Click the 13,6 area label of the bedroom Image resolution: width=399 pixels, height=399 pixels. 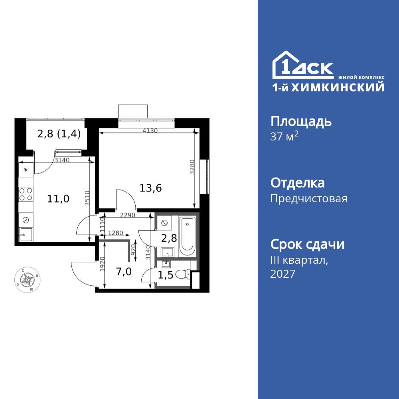click(151, 188)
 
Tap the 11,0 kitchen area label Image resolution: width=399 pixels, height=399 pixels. click(58, 199)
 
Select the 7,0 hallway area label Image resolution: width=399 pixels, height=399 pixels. click(124, 272)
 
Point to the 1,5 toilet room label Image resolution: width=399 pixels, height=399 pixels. click(166, 275)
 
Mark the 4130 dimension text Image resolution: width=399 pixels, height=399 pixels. click(150, 131)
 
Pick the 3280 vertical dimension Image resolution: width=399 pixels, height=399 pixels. click(192, 167)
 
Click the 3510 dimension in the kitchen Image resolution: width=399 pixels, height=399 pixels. click(87, 198)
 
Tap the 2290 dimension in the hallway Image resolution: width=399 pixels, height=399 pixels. click(128, 215)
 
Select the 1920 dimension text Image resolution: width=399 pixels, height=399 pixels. click(102, 264)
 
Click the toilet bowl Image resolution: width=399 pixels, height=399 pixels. click(183, 275)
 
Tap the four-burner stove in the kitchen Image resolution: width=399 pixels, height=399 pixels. click(26, 194)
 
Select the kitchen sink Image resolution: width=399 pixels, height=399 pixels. click(26, 234)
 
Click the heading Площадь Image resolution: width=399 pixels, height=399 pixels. click(301, 122)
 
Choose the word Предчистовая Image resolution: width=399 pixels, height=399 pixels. click(309, 198)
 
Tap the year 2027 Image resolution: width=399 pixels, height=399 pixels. click(283, 274)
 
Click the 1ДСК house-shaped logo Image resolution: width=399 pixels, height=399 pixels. click(303, 65)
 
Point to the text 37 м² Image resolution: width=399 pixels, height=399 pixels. click(284, 136)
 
